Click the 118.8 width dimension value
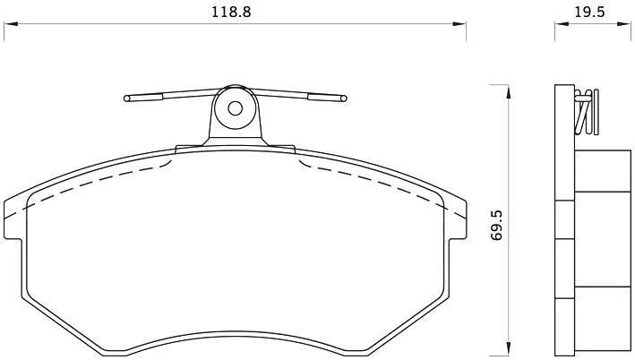[x=231, y=12]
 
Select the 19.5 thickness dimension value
[x=589, y=12]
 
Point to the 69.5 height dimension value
[x=496, y=225]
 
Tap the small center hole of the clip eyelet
[x=235, y=108]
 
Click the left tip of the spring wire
[x=127, y=99]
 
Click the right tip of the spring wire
[x=343, y=98]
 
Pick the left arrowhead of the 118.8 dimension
[x=11, y=24]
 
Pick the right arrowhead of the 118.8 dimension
[x=459, y=24]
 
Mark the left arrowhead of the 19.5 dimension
[x=562, y=24]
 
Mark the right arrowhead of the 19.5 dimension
[x=624, y=24]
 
